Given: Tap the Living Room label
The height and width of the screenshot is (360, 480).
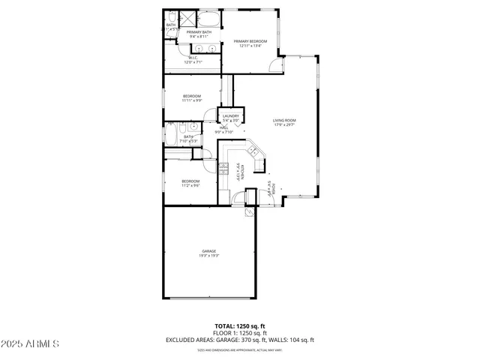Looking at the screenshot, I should coord(284,120).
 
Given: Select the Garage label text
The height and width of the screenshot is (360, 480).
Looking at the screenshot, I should coord(208,250).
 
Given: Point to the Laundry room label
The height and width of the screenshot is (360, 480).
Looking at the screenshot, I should coord(230,115).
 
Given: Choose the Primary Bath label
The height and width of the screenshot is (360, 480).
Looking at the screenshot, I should coord(199,32).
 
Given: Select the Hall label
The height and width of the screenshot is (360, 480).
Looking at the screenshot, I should coord(224,127).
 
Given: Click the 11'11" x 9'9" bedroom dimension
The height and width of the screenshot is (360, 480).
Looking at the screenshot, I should coord(193,100).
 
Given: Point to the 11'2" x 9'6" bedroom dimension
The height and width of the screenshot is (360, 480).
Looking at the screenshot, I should coord(190,185).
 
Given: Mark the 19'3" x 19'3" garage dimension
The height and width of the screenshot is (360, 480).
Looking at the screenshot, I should coord(208,256).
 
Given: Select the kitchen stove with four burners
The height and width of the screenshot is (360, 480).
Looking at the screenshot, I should coord(223,169).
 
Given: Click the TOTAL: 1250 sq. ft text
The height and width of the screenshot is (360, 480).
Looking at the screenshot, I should coord(239,326).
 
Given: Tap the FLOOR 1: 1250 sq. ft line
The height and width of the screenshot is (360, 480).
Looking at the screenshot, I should coord(239,333).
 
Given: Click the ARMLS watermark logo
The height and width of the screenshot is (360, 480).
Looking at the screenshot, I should coord(31,343).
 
